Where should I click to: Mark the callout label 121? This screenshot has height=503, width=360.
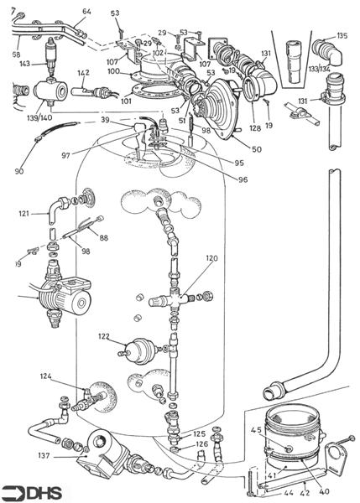click(23, 215)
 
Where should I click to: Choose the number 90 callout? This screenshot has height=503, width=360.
click(19, 172)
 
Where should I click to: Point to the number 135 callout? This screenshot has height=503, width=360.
click(342, 36)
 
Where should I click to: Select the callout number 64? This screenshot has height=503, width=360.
click(86, 12)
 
